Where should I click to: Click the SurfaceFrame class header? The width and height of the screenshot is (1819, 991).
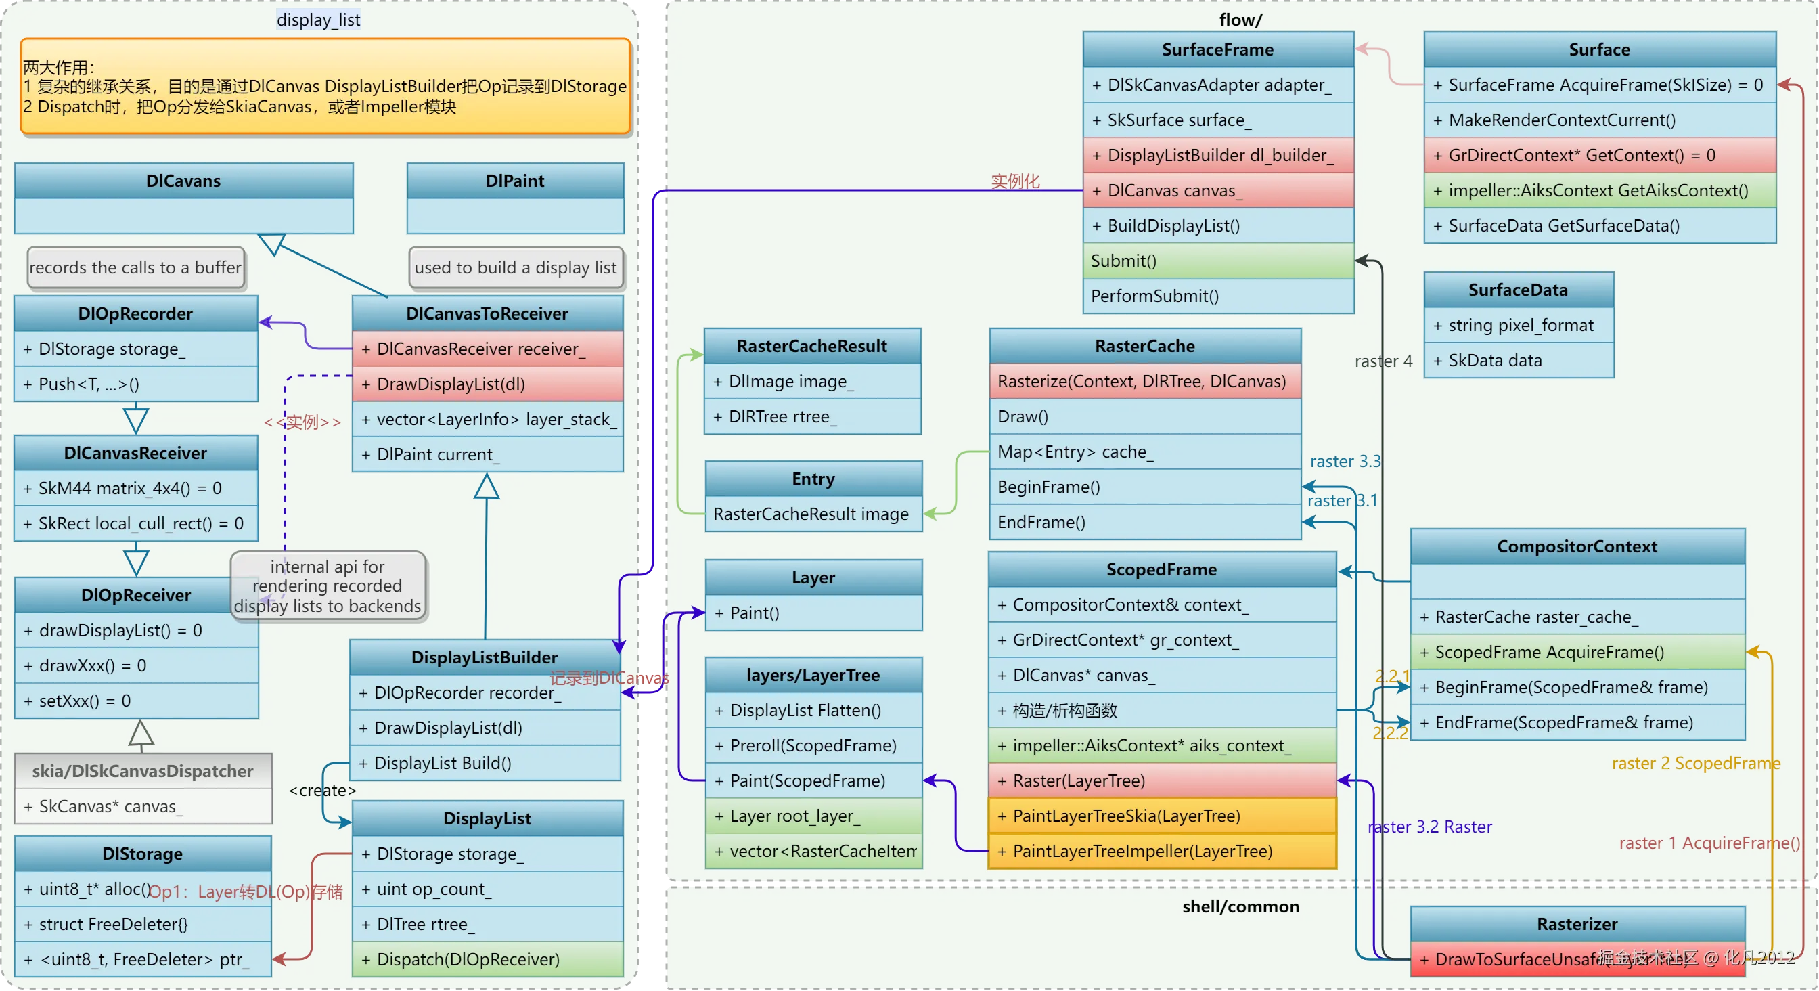(1217, 49)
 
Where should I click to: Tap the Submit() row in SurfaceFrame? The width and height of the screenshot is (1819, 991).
(1217, 261)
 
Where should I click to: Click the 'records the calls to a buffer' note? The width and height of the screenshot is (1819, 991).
(135, 267)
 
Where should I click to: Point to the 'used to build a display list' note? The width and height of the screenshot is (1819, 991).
(516, 267)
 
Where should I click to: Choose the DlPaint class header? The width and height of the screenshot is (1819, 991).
(515, 181)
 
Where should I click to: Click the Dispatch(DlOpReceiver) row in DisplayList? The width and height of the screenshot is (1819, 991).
(487, 959)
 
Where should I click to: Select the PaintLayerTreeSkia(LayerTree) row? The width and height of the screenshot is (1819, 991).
(1162, 816)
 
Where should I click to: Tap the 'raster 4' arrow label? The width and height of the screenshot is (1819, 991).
(1383, 361)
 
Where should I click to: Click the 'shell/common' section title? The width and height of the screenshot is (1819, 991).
(1240, 906)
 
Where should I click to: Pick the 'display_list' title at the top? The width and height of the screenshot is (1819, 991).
(319, 20)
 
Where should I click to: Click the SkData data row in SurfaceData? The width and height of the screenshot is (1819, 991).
(1518, 360)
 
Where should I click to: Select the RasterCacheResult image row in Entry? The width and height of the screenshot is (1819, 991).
(813, 514)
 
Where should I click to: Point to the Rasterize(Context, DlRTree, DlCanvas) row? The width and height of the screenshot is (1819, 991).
(1144, 381)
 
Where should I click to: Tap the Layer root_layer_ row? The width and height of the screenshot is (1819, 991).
(813, 816)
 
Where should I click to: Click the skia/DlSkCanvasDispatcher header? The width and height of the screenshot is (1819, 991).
(143, 770)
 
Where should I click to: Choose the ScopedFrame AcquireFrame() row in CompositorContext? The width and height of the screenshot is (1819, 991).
(1577, 652)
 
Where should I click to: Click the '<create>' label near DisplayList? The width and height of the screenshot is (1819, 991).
(322, 791)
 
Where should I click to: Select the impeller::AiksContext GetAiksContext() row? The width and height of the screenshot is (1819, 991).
(1598, 191)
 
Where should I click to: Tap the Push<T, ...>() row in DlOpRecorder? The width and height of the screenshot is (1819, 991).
(135, 384)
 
